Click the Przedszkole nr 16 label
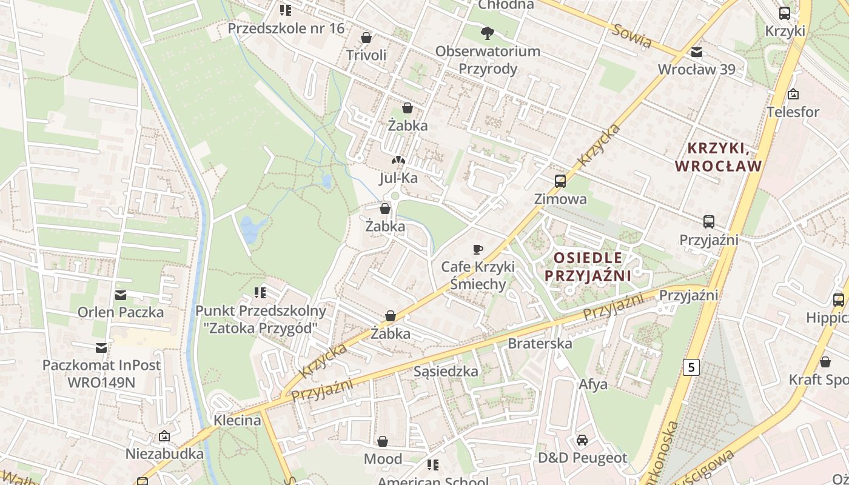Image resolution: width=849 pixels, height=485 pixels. click(286, 28)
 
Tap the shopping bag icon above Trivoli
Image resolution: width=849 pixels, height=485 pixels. click(366, 38)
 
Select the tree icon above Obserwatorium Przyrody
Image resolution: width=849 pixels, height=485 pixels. click(486, 33)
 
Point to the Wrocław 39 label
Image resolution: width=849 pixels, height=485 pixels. click(696, 69)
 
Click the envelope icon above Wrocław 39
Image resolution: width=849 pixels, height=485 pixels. click(697, 52)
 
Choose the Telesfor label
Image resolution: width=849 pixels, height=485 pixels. click(793, 112)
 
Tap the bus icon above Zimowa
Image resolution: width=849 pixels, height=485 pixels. click(560, 181)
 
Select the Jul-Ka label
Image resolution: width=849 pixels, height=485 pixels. click(398, 178)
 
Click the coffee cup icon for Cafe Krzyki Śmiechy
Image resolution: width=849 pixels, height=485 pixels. click(478, 249)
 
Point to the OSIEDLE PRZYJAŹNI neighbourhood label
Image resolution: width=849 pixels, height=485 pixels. click(588, 267)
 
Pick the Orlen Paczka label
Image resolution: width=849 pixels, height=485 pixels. click(120, 312)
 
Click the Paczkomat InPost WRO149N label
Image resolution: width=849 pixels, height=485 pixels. click(101, 373)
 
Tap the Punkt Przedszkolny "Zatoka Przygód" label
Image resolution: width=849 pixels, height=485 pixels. click(261, 319)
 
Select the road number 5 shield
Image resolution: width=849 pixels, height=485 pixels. click(691, 367)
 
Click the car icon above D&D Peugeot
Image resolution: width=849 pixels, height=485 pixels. click(582, 440)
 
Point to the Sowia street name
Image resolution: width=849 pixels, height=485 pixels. click(631, 36)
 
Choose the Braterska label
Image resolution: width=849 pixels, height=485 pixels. click(540, 343)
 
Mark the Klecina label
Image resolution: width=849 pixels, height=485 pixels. click(237, 420)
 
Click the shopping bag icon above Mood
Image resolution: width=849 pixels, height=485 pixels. click(383, 442)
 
